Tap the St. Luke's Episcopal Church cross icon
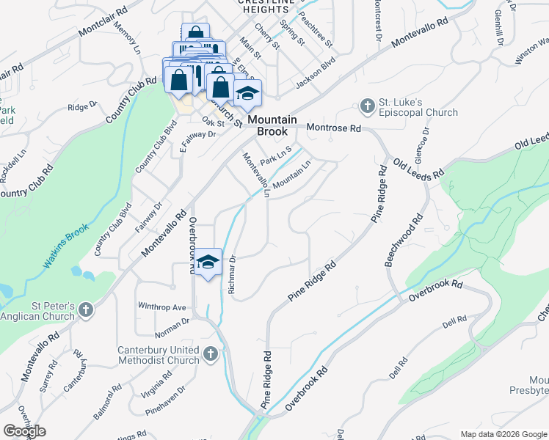368,106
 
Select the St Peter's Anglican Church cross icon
86,310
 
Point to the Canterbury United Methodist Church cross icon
210,355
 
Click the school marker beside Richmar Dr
208,263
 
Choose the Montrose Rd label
335,128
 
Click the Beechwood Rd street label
405,240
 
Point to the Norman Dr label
172,320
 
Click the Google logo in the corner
25,430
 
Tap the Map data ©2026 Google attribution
503,434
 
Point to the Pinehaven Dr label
165,399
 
